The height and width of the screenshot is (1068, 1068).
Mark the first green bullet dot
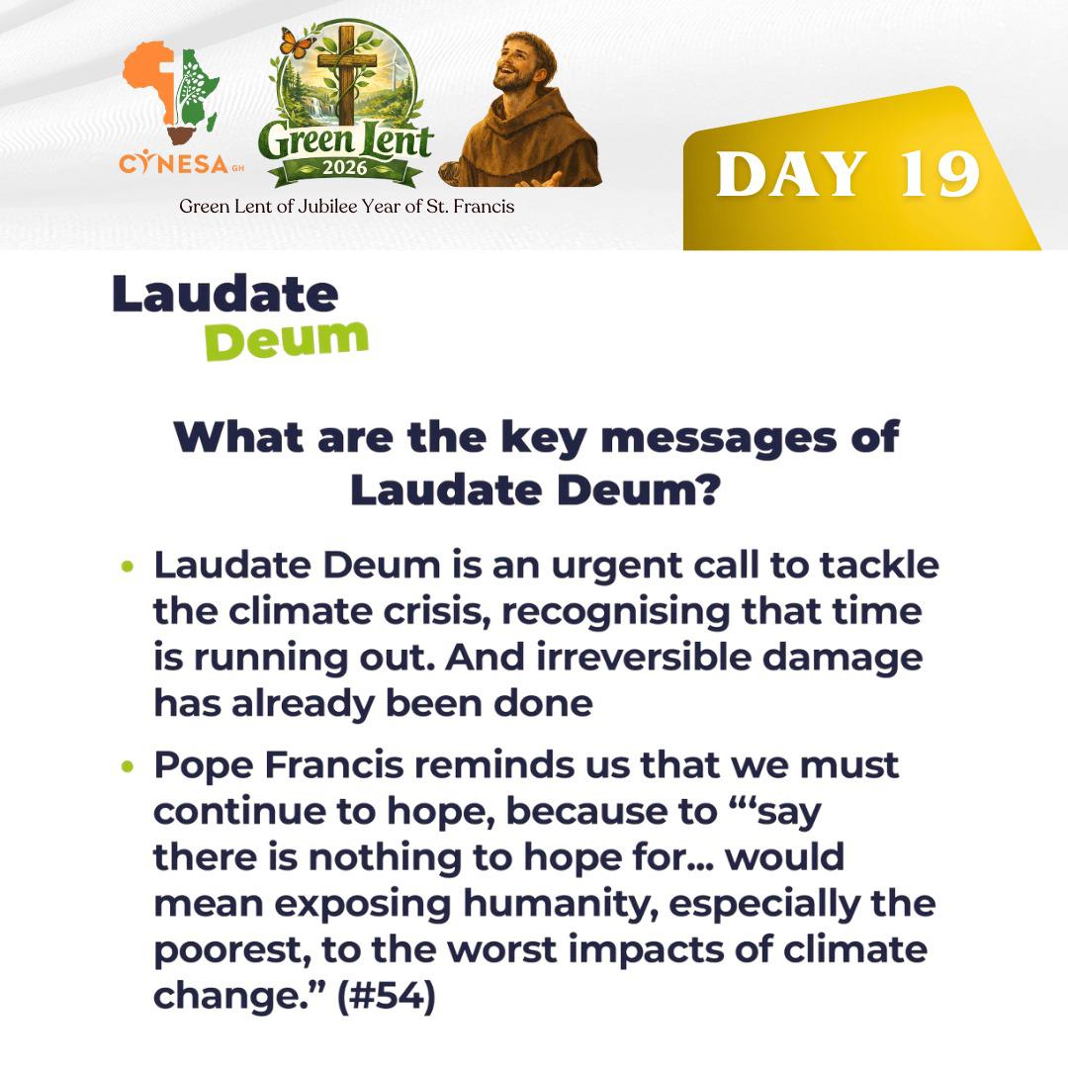pos(126,568)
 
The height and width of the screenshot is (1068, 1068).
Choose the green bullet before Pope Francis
pos(126,766)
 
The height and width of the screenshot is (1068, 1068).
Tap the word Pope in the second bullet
pos(200,765)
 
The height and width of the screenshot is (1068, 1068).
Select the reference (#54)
pos(386,995)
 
